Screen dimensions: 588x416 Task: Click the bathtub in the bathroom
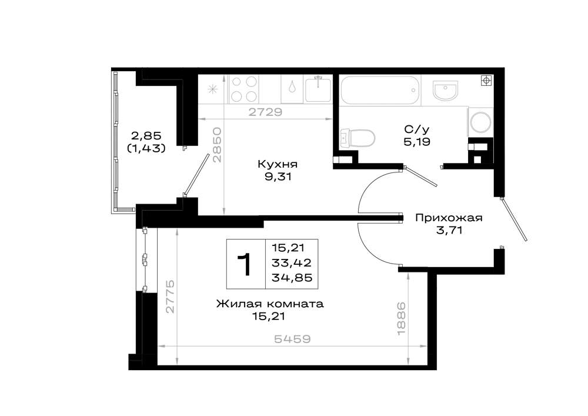click(x=379, y=91)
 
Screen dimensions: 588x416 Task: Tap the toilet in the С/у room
click(x=358, y=138)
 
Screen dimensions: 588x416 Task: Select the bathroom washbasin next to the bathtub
click(x=445, y=91)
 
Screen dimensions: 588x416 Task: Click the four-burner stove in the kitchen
click(x=244, y=89)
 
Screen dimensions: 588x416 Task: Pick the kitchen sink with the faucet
click(x=318, y=89)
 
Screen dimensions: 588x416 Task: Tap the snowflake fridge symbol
click(x=213, y=89)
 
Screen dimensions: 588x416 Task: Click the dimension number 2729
click(x=265, y=112)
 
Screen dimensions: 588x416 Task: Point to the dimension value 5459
click(x=292, y=339)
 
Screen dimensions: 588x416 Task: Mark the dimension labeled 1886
click(x=401, y=319)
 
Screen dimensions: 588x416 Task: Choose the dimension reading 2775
click(x=171, y=296)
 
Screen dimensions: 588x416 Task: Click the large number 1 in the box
click(x=245, y=264)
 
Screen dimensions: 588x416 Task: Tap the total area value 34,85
click(x=292, y=278)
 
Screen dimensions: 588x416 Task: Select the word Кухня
click(x=278, y=164)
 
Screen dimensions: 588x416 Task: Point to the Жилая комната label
click(x=270, y=304)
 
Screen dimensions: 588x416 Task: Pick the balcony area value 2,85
click(x=146, y=135)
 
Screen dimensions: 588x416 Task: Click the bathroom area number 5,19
click(x=417, y=142)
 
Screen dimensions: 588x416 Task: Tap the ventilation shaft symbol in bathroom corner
click(x=486, y=81)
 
